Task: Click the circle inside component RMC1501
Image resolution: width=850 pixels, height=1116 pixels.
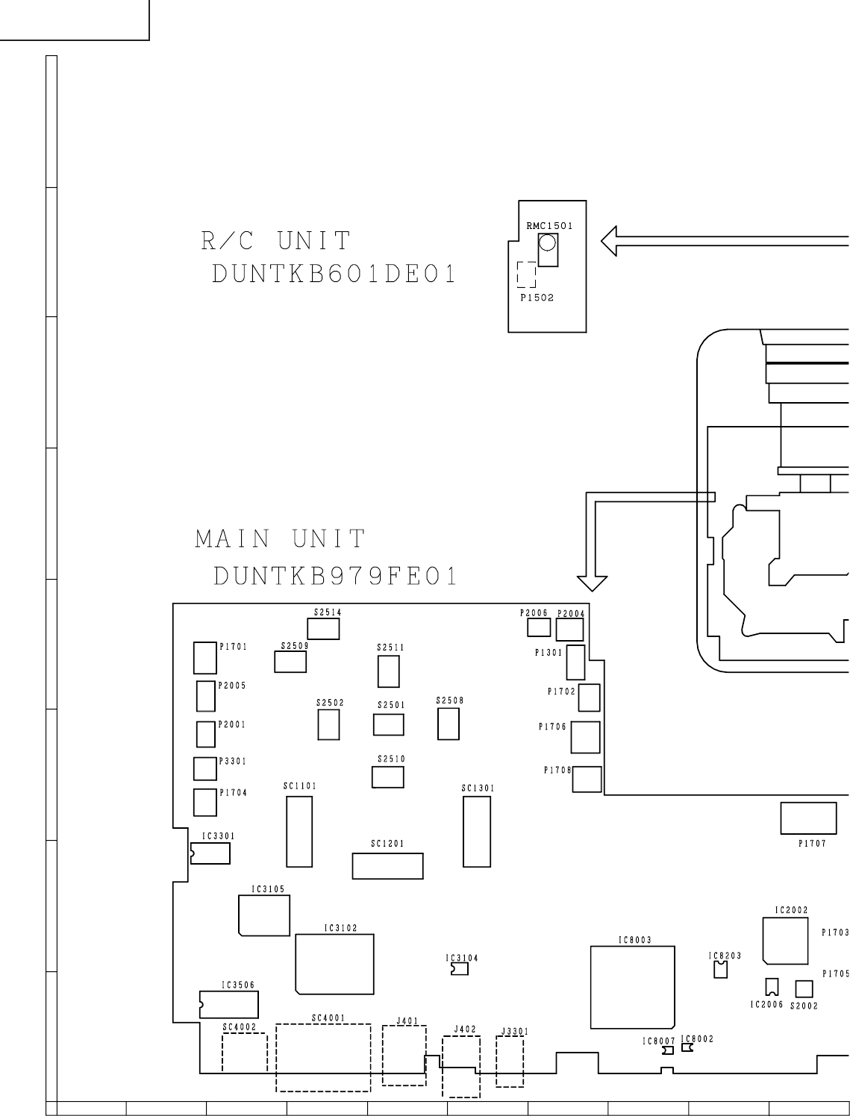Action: pyautogui.click(x=547, y=243)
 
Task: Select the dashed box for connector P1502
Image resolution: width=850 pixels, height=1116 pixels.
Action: pyautogui.click(x=526, y=275)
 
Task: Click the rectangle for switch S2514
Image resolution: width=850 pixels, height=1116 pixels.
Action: pyautogui.click(x=323, y=629)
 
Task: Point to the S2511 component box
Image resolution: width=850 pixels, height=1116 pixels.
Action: pyautogui.click(x=388, y=671)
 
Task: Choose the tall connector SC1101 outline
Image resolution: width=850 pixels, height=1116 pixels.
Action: pyautogui.click(x=299, y=831)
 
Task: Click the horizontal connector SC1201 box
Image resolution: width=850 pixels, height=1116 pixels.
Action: pyautogui.click(x=387, y=866)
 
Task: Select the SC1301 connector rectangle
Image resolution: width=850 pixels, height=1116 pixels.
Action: pyautogui.click(x=477, y=831)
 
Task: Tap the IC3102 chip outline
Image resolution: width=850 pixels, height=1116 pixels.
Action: pyautogui.click(x=334, y=964)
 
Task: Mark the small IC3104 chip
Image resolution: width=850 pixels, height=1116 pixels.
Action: pyautogui.click(x=460, y=969)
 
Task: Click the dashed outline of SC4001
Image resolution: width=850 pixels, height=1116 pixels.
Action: pyautogui.click(x=323, y=1058)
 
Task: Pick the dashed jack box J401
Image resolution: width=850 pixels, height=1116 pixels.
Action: pyautogui.click(x=404, y=1056)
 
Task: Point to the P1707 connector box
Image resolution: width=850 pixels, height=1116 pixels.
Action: pyautogui.click(x=808, y=818)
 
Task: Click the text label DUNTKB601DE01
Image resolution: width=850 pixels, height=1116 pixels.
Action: pyautogui.click(x=334, y=275)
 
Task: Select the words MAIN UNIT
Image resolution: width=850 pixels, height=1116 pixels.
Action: pyautogui.click(x=280, y=539)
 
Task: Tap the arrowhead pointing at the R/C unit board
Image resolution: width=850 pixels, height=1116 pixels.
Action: pyautogui.click(x=609, y=241)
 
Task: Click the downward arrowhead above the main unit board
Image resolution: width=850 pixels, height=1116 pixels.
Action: pyautogui.click(x=592, y=583)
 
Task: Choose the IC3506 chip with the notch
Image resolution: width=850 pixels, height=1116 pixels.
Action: pyautogui.click(x=229, y=1005)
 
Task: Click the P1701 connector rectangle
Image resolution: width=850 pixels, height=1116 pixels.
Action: pyautogui.click(x=205, y=658)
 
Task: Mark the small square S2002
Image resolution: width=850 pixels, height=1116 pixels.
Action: pyautogui.click(x=804, y=989)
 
